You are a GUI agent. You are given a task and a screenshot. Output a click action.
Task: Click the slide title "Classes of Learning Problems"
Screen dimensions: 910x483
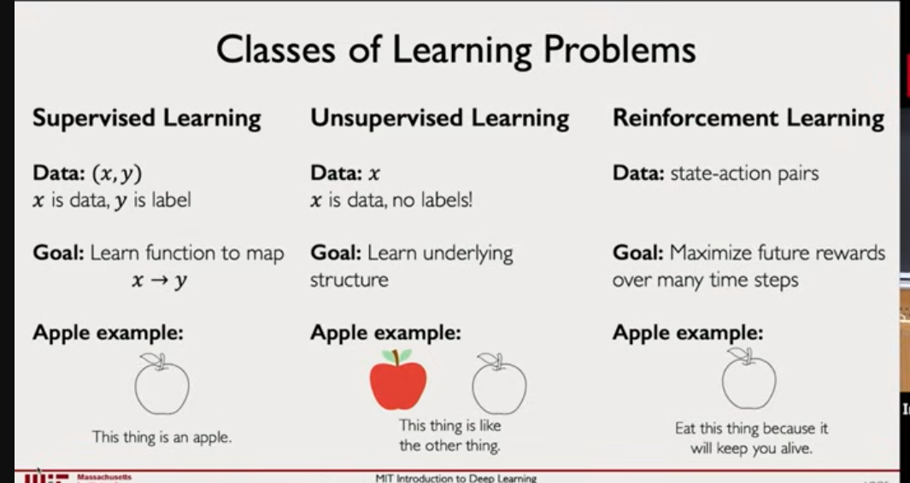tap(456, 50)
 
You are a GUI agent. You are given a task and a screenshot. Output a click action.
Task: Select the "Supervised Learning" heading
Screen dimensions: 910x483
tap(147, 119)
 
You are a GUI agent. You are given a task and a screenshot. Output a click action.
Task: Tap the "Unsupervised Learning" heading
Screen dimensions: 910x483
tap(440, 119)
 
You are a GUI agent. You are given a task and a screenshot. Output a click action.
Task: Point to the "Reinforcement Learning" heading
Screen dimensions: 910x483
tap(749, 119)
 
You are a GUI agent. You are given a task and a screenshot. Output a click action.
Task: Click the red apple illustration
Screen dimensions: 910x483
tap(398, 380)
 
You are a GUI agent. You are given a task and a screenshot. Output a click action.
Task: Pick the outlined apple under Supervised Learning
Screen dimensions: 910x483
tap(161, 384)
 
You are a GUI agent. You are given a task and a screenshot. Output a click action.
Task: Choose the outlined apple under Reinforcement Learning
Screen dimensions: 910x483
tap(749, 379)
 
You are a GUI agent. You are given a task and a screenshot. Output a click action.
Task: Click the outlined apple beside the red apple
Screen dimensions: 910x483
tap(499, 384)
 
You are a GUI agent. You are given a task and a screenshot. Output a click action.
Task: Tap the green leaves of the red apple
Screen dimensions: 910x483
tap(397, 356)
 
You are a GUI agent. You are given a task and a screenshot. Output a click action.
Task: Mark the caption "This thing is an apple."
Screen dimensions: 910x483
tap(161, 437)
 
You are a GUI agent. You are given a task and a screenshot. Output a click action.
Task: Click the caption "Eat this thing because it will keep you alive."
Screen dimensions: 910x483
tap(752, 439)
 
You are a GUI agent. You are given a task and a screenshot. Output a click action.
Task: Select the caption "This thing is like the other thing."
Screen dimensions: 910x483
tap(449, 435)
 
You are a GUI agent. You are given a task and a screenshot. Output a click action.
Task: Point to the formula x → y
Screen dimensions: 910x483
tap(160, 281)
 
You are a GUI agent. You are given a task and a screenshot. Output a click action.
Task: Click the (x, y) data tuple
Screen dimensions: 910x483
tap(117, 173)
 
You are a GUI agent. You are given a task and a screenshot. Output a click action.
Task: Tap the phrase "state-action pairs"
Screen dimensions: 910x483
tap(744, 173)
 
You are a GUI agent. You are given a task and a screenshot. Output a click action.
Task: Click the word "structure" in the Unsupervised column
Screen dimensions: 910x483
tap(349, 280)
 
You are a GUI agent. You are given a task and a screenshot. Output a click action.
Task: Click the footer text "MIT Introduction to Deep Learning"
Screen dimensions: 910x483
tap(456, 479)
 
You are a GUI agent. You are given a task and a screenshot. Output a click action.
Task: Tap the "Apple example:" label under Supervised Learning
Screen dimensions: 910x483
tap(108, 333)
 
